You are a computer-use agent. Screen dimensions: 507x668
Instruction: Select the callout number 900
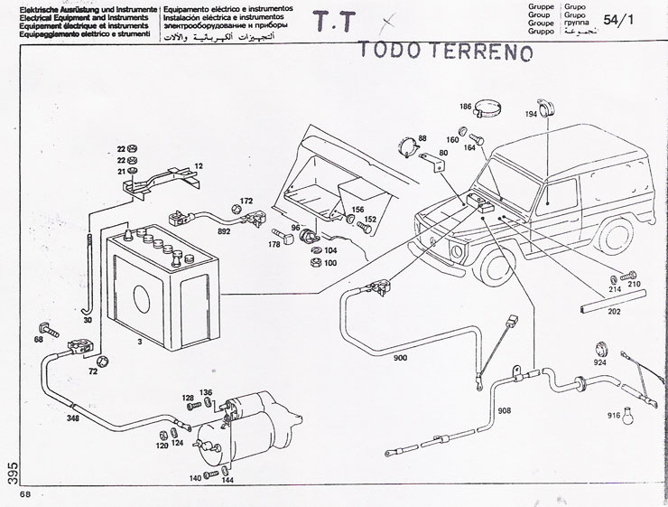(400, 358)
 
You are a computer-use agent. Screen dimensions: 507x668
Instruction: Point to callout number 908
(504, 411)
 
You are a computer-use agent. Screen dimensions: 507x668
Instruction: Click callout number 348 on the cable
(72, 418)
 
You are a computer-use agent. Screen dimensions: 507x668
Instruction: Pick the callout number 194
(531, 116)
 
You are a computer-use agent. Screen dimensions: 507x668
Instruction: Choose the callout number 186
(465, 107)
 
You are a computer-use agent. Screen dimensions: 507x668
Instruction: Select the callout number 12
(199, 166)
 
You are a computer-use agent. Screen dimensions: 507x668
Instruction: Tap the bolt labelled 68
(43, 327)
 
